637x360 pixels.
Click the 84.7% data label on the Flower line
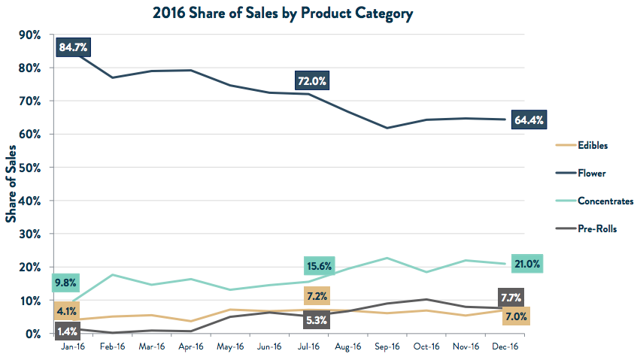73,48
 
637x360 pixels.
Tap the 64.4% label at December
529,119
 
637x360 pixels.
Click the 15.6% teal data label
320,265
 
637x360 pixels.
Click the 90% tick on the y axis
30,35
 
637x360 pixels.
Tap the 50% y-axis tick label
30,168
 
